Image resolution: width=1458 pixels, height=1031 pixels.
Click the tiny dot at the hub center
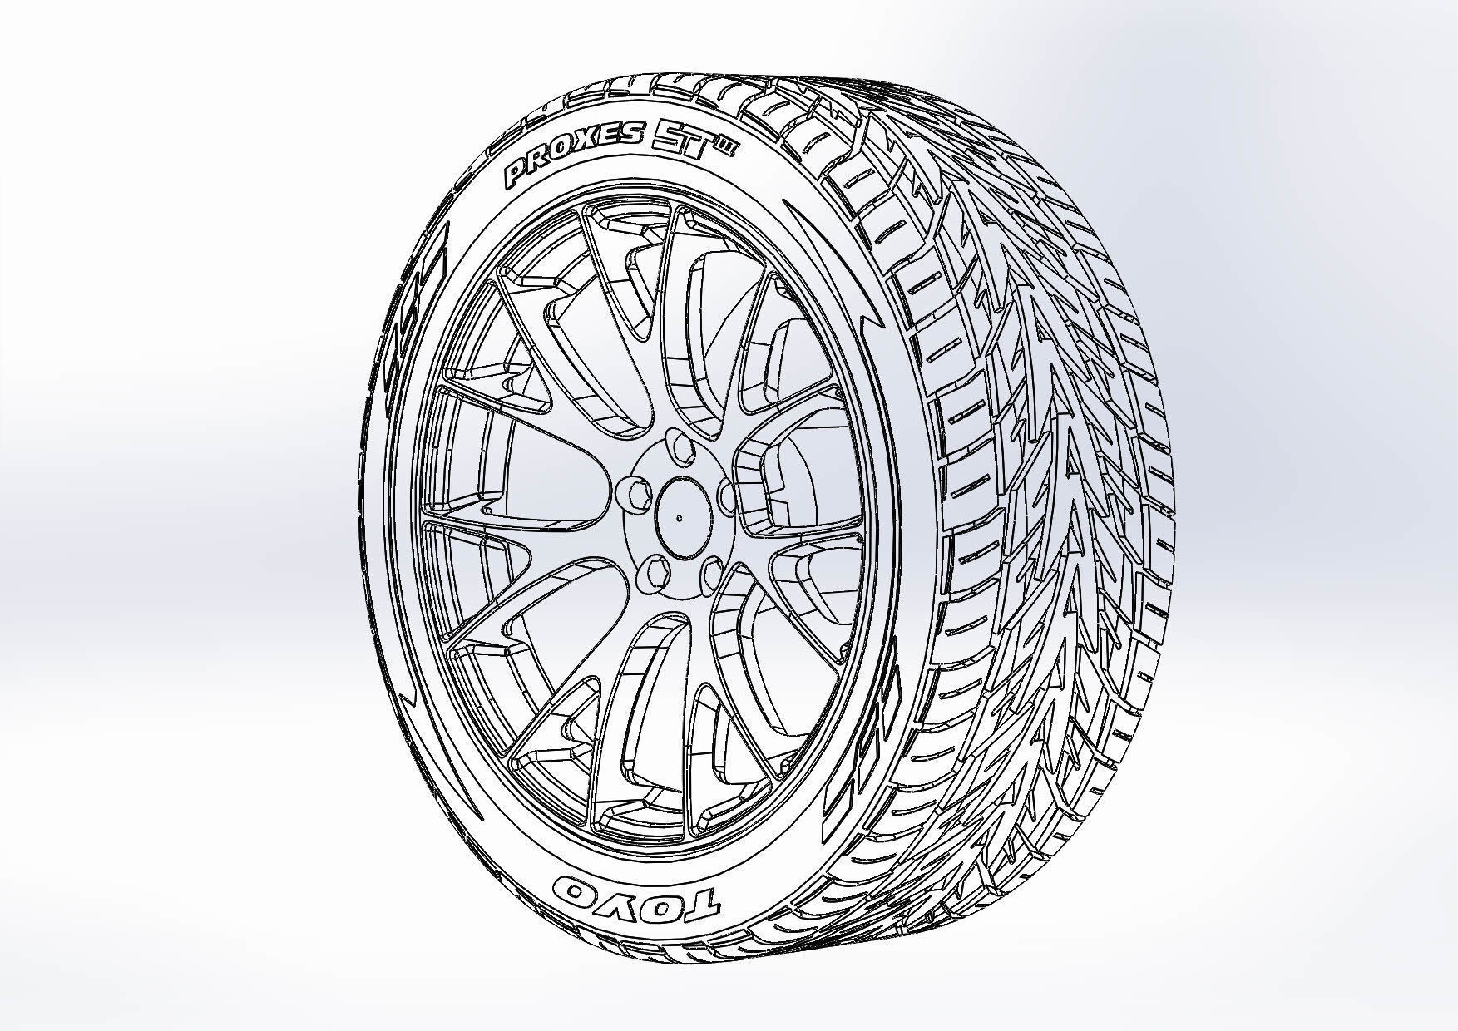pyautogui.click(x=679, y=517)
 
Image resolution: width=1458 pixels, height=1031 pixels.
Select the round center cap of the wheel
pyautogui.click(x=679, y=517)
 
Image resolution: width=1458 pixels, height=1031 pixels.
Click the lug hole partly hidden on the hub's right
pyautogui.click(x=726, y=497)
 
